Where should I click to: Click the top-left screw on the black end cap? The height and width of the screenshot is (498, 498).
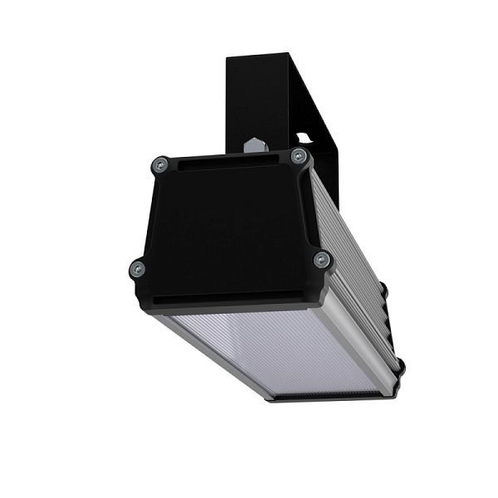point(161,165)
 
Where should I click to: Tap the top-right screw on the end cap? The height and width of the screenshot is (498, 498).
point(299,156)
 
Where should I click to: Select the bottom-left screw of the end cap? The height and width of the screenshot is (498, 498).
point(138,268)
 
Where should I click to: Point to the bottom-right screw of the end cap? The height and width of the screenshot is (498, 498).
point(322,260)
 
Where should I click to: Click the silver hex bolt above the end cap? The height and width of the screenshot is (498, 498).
point(256,146)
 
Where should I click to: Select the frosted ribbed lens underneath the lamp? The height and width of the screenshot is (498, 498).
point(274,349)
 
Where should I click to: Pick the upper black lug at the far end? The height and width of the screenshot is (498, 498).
point(383,290)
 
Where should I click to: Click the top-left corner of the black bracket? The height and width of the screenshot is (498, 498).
point(229,58)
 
